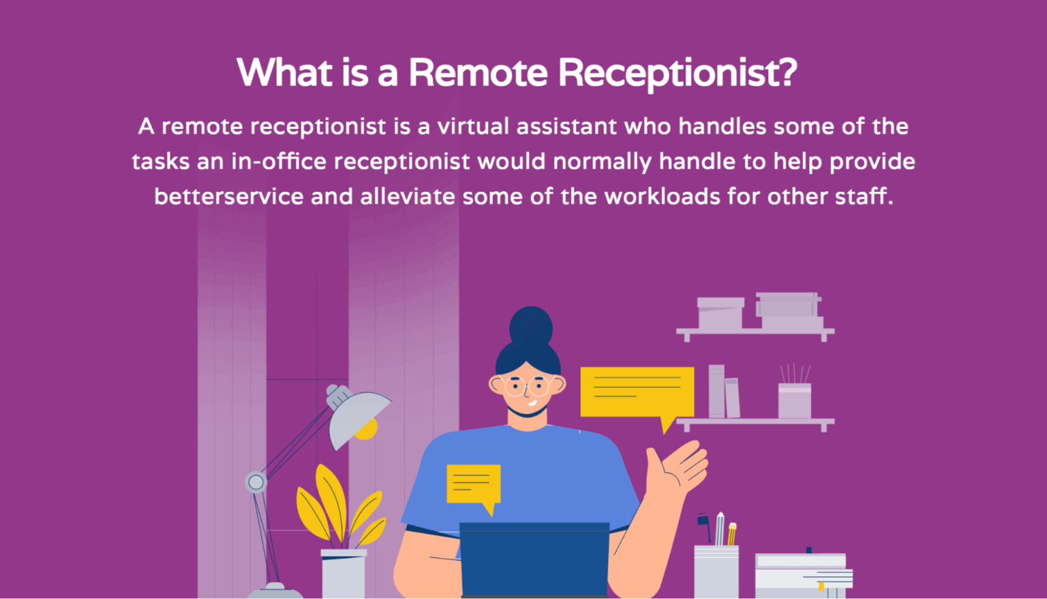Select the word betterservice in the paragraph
[228, 196]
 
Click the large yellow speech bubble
[637, 392]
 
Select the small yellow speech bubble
[473, 484]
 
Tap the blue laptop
[534, 559]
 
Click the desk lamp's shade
[357, 417]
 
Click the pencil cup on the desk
[716, 570]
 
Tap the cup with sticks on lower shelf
[794, 399]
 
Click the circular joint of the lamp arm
[256, 482]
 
